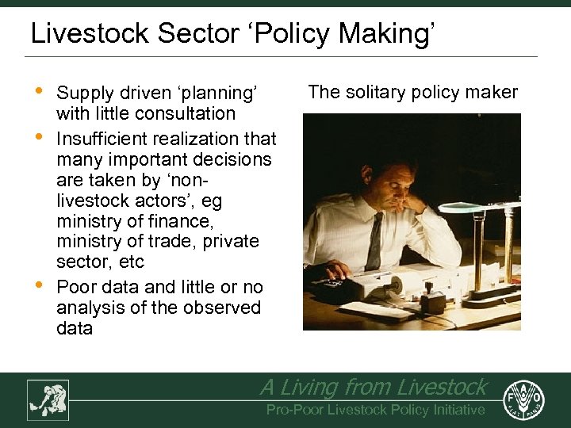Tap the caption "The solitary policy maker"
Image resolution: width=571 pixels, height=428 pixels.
pyautogui.click(x=412, y=92)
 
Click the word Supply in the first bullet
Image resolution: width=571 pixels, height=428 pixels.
pyautogui.click(x=84, y=94)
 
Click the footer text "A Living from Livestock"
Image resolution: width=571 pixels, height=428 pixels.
pyautogui.click(x=373, y=387)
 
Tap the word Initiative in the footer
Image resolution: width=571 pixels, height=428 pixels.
pyautogui.click(x=454, y=410)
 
